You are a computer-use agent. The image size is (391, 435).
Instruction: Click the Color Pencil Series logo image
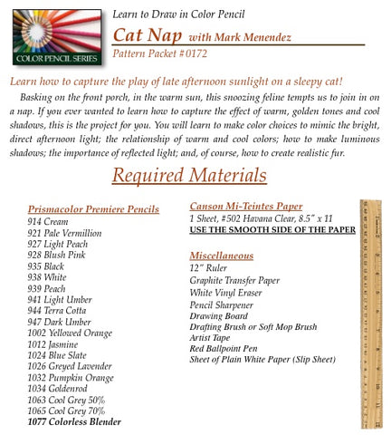(52, 35)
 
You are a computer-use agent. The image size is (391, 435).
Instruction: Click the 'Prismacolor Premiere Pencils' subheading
(93, 209)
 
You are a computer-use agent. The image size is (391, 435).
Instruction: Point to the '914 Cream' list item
(51, 221)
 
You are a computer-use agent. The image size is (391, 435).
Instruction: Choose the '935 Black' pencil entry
(50, 266)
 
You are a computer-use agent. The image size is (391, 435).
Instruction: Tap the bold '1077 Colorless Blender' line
(74, 421)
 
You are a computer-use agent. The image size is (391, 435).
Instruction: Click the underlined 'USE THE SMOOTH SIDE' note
(272, 230)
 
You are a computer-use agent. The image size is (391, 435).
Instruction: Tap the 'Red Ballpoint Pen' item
(224, 348)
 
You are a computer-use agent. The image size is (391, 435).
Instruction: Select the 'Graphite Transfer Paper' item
(234, 281)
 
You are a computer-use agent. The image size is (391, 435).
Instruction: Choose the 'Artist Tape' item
(211, 337)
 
